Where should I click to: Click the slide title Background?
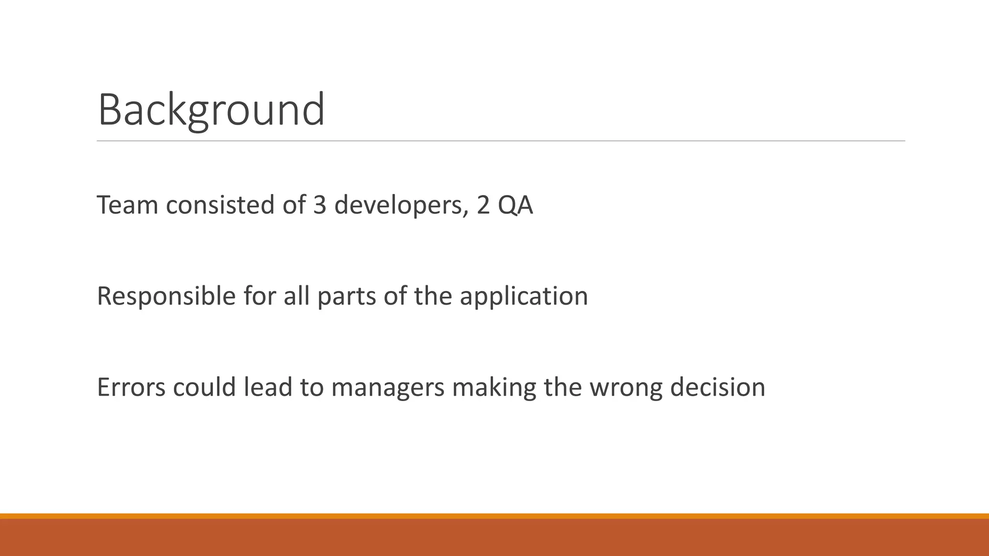[211, 110]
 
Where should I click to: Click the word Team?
[127, 205]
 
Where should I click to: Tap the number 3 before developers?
[320, 205]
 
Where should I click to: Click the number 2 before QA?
[483, 205]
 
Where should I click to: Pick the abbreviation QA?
[515, 206]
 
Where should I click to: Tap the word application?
[524, 297]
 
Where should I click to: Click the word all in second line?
[297, 296]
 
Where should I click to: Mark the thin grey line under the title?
[501, 141]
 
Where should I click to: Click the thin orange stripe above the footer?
[494, 516]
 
